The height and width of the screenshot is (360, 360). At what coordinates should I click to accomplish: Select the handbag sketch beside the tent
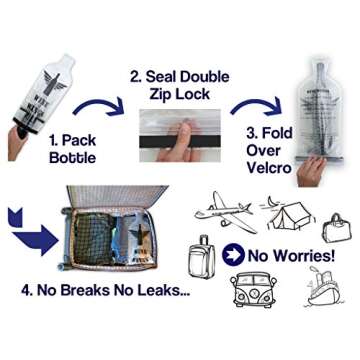point(333,227)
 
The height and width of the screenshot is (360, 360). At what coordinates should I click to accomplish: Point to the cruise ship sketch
point(320,293)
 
